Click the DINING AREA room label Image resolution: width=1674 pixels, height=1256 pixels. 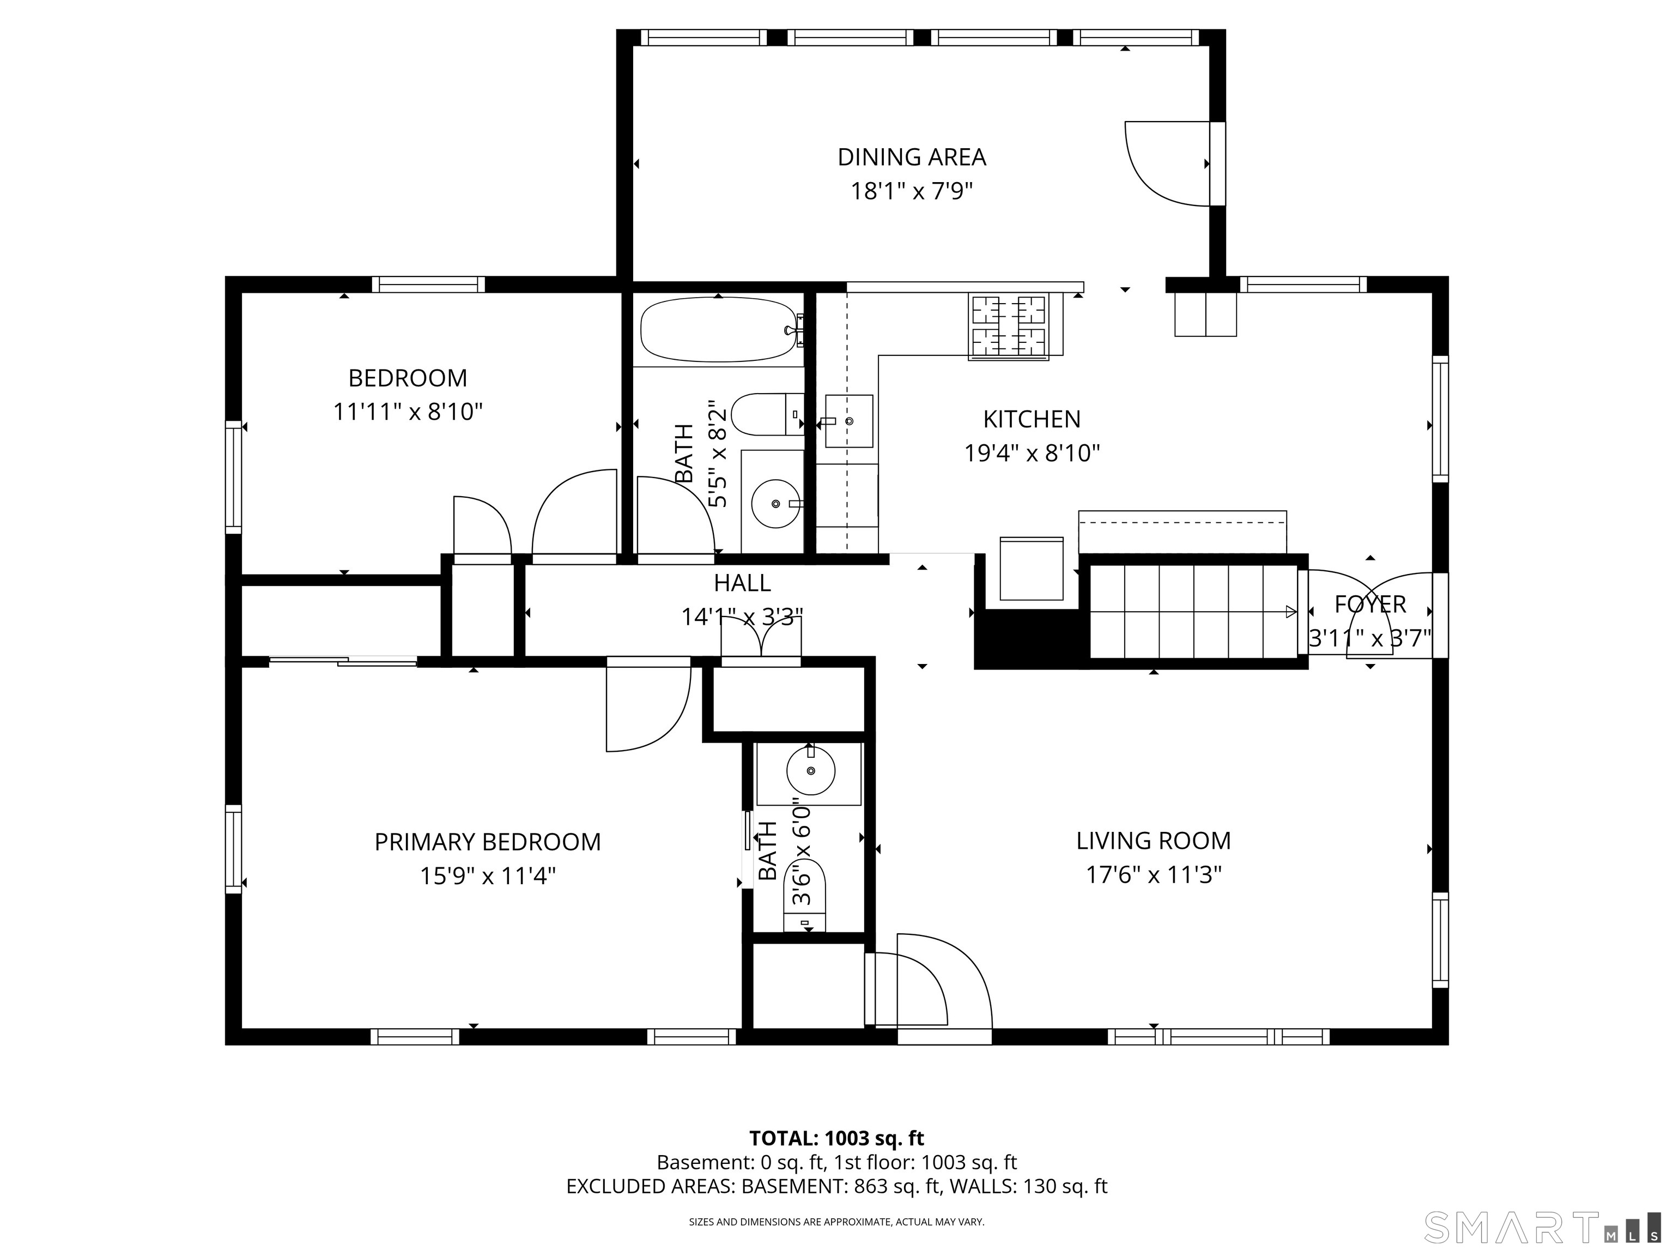pyautogui.click(x=911, y=158)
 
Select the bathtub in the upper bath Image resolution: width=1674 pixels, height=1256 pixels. pyautogui.click(x=719, y=329)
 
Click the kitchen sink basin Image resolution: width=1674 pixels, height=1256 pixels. pyautogui.click(x=848, y=421)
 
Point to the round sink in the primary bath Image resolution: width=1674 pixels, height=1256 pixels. pyautogui.click(x=810, y=771)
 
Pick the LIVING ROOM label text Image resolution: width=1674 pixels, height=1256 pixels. pyautogui.click(x=1154, y=841)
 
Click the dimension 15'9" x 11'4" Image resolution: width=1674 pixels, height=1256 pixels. pyautogui.click(x=488, y=876)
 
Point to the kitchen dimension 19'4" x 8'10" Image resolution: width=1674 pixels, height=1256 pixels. pyautogui.click(x=1032, y=452)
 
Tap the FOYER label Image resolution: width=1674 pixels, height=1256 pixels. pyautogui.click(x=1370, y=604)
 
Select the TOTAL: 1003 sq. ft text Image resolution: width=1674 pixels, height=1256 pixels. pyautogui.click(x=836, y=1139)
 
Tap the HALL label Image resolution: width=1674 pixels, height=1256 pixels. pyautogui.click(x=742, y=583)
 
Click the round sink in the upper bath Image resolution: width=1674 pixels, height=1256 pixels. pyautogui.click(x=776, y=503)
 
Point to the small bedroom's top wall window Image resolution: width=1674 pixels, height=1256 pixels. pyautogui.click(x=428, y=284)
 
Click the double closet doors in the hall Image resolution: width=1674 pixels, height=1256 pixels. pyautogui.click(x=761, y=638)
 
